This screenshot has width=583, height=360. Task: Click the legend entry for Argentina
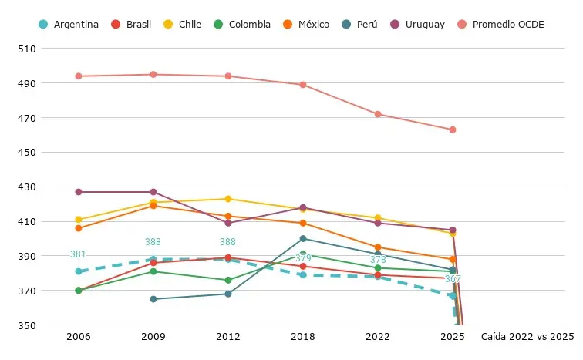click(69, 25)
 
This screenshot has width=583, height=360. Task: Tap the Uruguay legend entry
click(417, 25)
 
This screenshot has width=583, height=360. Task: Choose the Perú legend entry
click(359, 25)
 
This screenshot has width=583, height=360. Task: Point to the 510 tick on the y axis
click(27, 49)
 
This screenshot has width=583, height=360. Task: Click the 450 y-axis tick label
click(27, 153)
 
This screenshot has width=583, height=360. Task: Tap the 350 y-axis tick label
click(27, 325)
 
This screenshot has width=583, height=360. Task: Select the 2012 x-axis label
click(228, 337)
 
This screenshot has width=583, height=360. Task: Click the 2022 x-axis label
click(378, 337)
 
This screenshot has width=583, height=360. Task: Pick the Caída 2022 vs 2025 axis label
click(527, 337)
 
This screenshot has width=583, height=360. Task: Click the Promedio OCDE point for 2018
click(303, 85)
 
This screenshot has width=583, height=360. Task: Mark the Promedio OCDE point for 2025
click(453, 130)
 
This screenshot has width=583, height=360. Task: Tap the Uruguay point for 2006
click(79, 192)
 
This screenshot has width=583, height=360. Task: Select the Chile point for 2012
click(228, 199)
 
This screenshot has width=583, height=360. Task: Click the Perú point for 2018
click(303, 238)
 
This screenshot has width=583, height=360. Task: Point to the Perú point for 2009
click(153, 299)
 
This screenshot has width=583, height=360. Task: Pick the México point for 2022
click(378, 247)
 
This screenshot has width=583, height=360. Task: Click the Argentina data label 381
click(78, 254)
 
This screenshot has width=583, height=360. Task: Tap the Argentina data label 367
click(453, 279)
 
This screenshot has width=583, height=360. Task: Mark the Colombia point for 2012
click(228, 280)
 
